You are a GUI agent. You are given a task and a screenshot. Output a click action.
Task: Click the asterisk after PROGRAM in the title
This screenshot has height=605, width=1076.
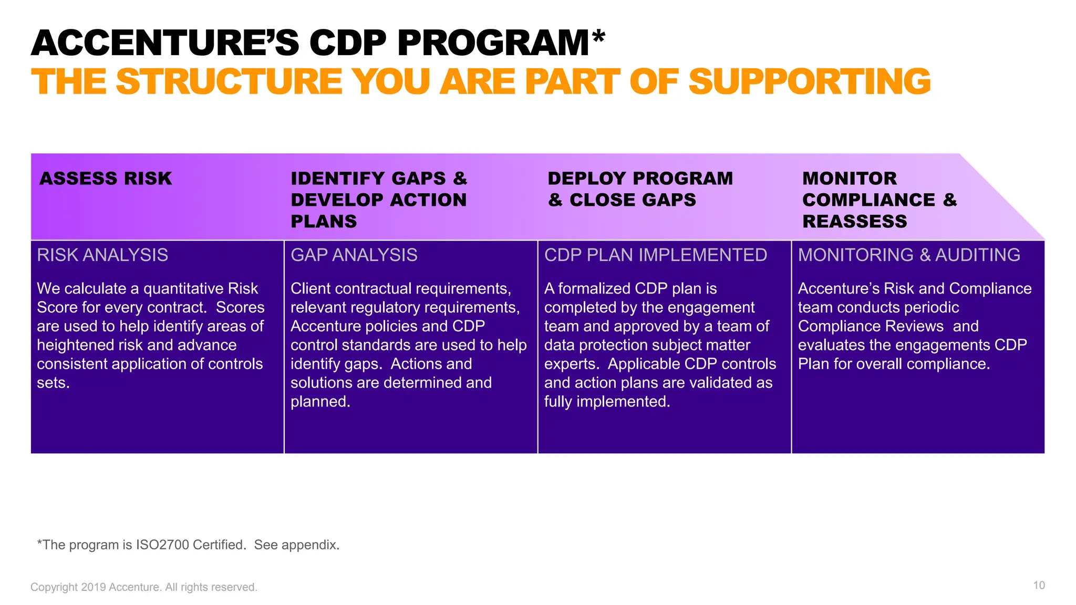pyautogui.click(x=598, y=38)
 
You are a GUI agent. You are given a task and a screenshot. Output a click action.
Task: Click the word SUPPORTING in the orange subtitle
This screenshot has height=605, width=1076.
pyautogui.click(x=809, y=82)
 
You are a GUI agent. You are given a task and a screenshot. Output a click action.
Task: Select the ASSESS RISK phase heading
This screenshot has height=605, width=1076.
pyautogui.click(x=106, y=179)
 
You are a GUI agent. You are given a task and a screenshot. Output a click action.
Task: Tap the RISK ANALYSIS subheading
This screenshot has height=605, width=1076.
pyautogui.click(x=102, y=255)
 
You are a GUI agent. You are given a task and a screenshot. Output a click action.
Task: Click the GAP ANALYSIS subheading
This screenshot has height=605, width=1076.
pyautogui.click(x=354, y=255)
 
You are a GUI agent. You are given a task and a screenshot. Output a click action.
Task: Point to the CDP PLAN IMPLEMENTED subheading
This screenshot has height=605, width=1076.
pyautogui.click(x=655, y=255)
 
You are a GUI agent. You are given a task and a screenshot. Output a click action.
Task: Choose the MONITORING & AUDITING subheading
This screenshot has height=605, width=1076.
pyautogui.click(x=909, y=255)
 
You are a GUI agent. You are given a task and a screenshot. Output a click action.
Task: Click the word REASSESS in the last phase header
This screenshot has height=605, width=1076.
pyautogui.click(x=854, y=222)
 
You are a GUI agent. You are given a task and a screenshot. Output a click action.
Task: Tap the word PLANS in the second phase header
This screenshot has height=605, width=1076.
pyautogui.click(x=324, y=222)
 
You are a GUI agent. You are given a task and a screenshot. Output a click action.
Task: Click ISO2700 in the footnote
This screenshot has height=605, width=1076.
pyautogui.click(x=162, y=545)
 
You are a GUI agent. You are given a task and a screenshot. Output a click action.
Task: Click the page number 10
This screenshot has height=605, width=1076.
pyautogui.click(x=1039, y=586)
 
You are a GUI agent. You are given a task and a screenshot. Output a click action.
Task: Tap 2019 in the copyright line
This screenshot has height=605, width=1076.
pyautogui.click(x=94, y=588)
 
